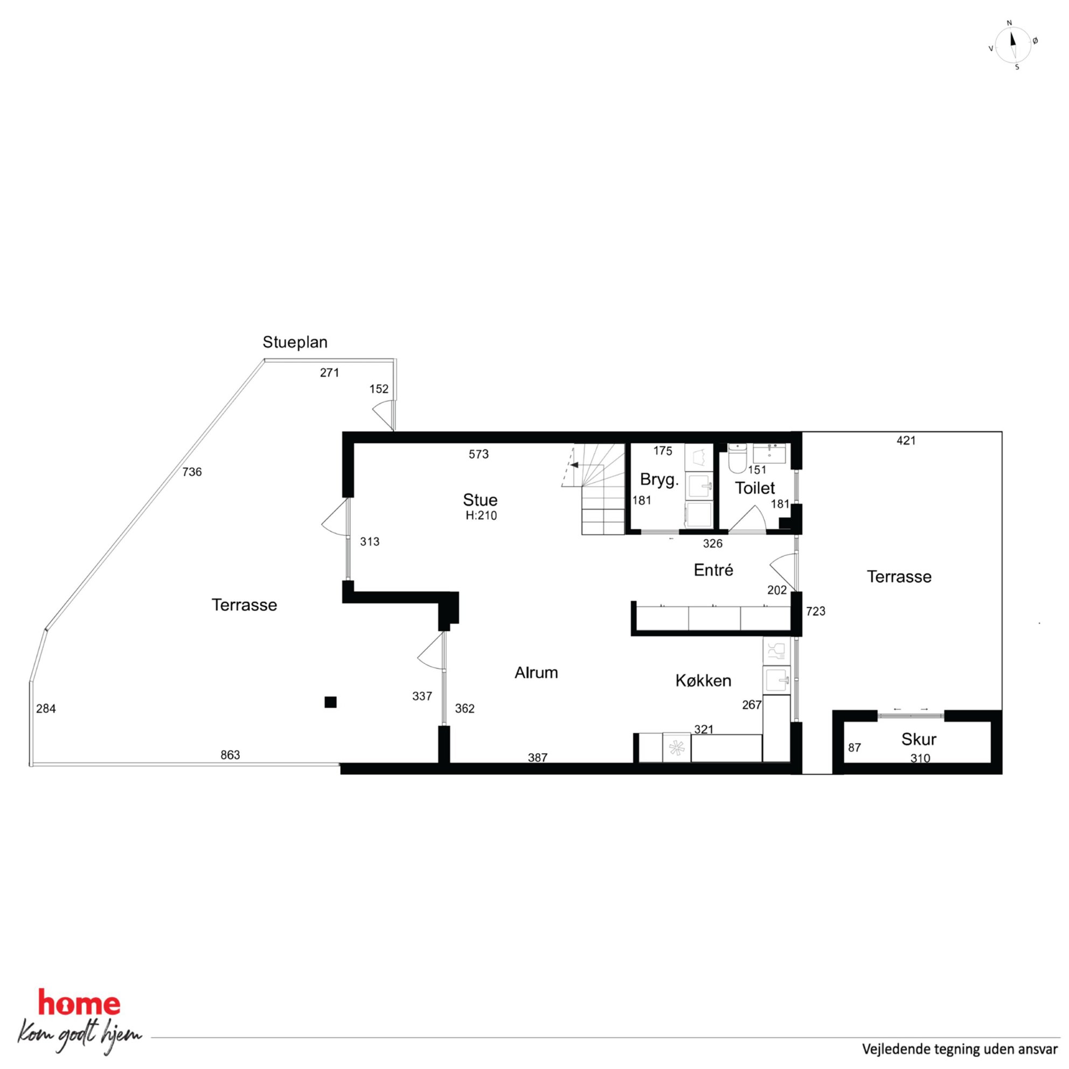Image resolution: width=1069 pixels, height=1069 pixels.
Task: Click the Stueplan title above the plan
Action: pyautogui.click(x=295, y=343)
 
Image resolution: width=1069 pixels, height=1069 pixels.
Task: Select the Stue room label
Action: pyautogui.click(x=480, y=499)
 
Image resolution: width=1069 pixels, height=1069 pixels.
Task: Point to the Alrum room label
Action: pyautogui.click(x=536, y=672)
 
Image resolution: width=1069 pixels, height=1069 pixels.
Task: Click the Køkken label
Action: pyautogui.click(x=703, y=681)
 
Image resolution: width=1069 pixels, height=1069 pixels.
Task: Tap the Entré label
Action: pyautogui.click(x=713, y=570)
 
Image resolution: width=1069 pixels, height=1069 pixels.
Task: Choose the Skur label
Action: pyautogui.click(x=919, y=739)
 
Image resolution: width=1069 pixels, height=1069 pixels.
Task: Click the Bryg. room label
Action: pyautogui.click(x=659, y=480)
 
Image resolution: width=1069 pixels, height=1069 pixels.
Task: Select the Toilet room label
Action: pyautogui.click(x=755, y=488)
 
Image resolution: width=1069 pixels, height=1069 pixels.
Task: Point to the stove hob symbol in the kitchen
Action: pyautogui.click(x=676, y=747)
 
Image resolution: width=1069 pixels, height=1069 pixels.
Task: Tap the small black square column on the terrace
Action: pyautogui.click(x=330, y=702)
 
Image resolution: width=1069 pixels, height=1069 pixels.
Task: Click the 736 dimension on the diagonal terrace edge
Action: pyautogui.click(x=192, y=472)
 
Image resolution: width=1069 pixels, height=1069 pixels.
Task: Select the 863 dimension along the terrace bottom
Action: pyautogui.click(x=230, y=755)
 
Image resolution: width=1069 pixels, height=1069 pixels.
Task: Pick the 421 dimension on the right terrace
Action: pyautogui.click(x=906, y=440)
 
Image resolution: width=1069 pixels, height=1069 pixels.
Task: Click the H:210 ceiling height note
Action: pyautogui.click(x=481, y=516)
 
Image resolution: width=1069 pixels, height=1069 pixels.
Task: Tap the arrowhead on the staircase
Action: pyautogui.click(x=574, y=465)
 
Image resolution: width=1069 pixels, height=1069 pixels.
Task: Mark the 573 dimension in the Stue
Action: pyautogui.click(x=478, y=454)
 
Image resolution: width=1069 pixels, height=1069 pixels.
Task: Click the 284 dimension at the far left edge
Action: pyautogui.click(x=46, y=708)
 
